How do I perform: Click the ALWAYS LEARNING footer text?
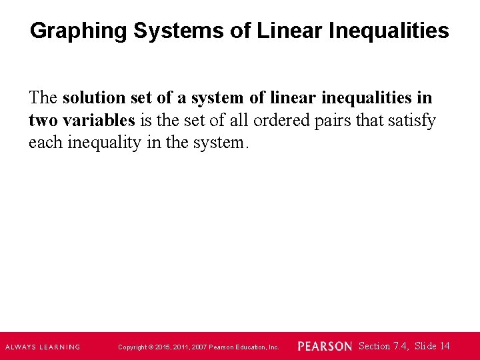[x=42, y=347]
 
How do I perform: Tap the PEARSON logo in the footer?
[x=324, y=347]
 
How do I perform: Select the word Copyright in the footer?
[x=133, y=347]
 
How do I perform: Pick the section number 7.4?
[x=401, y=346]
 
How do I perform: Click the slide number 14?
[x=445, y=346]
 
